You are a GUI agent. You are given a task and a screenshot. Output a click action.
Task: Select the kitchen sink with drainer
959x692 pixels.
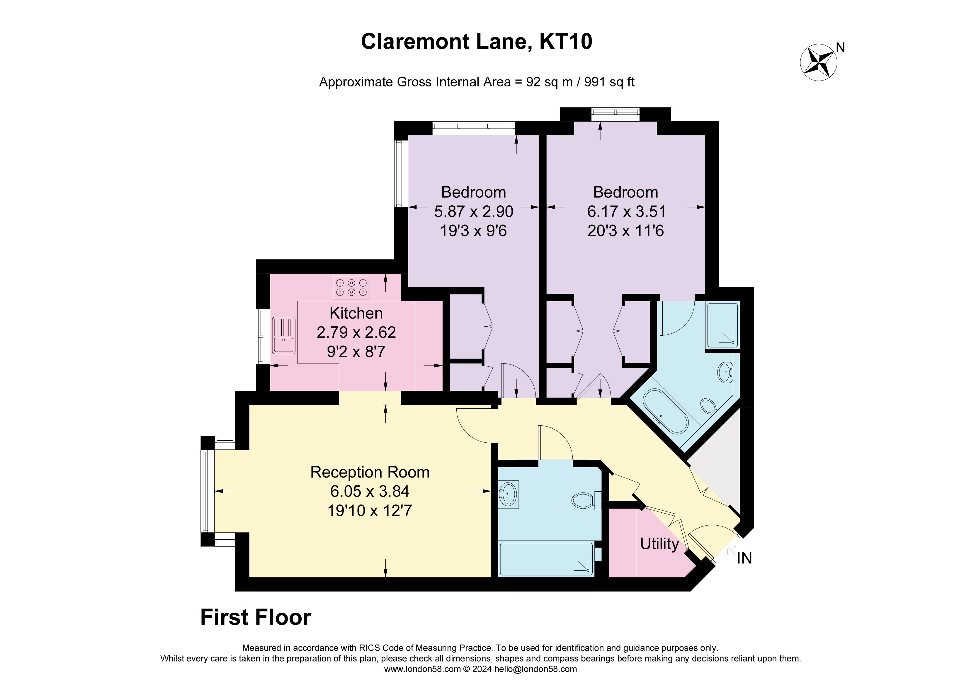(x=284, y=335)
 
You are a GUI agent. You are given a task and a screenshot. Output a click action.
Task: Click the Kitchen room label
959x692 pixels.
(x=356, y=313)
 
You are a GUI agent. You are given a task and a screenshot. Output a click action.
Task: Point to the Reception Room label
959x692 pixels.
(x=370, y=472)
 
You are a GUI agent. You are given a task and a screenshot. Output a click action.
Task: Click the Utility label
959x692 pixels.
(x=659, y=544)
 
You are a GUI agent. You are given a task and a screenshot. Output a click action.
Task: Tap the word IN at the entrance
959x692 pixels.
(x=744, y=558)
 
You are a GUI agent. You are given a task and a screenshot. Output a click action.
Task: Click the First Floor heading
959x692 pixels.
(x=255, y=617)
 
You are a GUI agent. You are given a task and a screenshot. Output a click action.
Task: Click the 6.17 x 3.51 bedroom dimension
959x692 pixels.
(x=626, y=211)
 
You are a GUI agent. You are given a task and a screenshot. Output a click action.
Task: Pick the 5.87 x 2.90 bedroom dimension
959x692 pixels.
(x=474, y=211)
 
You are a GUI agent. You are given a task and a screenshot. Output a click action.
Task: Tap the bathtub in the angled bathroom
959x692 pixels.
(x=666, y=412)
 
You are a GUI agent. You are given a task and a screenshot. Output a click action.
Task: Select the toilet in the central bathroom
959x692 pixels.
(x=585, y=501)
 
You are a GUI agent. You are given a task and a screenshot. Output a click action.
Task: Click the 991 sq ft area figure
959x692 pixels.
(x=609, y=82)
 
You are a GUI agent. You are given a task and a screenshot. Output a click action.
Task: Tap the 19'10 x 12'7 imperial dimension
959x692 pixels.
(x=370, y=511)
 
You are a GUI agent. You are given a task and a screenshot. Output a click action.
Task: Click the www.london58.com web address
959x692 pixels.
(x=422, y=669)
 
